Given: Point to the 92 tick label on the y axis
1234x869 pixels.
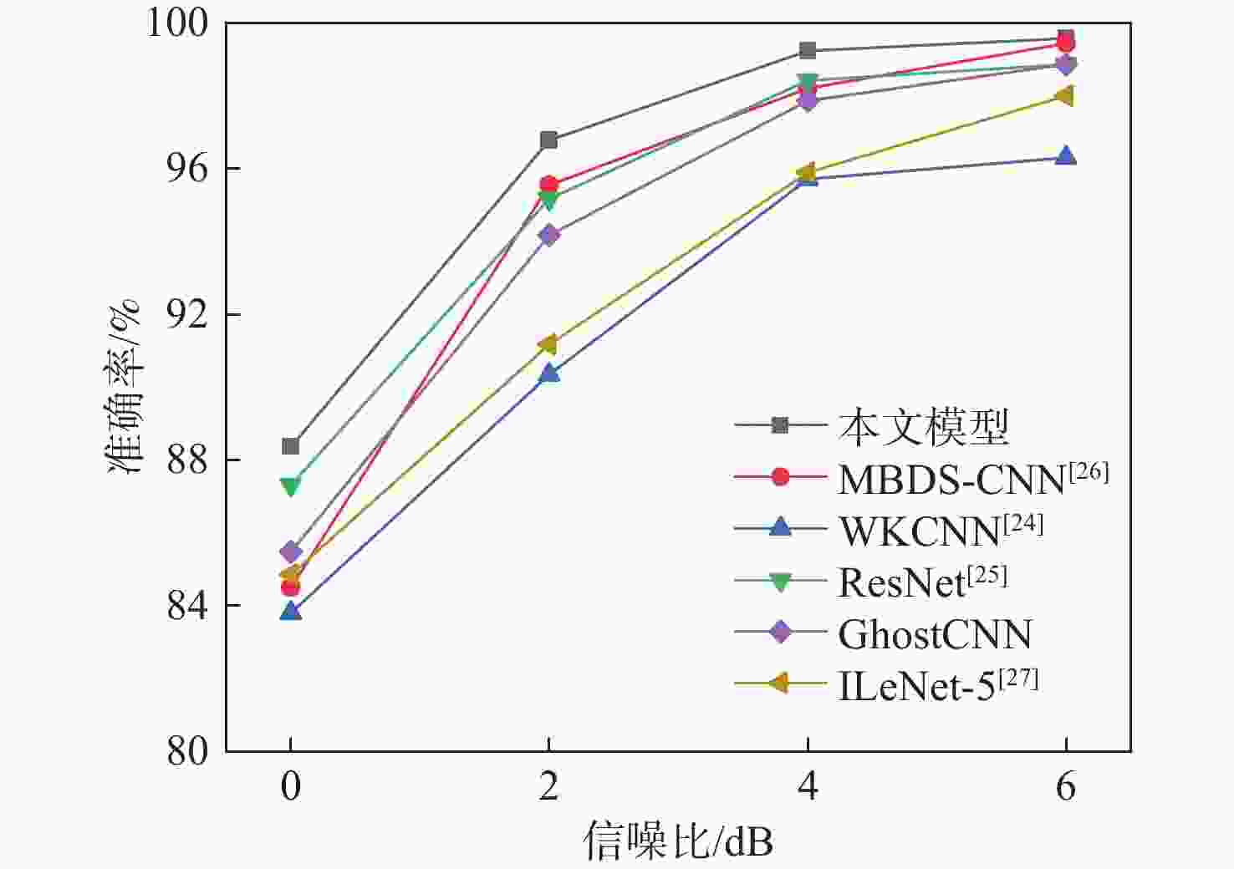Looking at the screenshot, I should point(187,314).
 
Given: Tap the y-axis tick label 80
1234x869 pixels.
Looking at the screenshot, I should point(187,750).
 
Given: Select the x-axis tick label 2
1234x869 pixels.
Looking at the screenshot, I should point(548,787).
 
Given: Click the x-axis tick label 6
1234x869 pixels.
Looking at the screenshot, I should point(1065,787).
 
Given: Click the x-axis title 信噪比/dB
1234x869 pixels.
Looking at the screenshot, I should point(678,841).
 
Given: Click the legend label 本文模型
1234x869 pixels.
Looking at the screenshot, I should point(924,426).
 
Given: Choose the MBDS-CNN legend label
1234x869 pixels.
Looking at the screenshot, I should point(951,479).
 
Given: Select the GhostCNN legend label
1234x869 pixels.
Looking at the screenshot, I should point(935,635).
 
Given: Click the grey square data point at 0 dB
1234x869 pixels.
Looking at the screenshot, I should point(290,446).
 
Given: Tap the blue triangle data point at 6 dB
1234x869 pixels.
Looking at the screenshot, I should point(1065,156).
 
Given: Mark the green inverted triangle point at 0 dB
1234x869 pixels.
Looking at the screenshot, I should point(290,486).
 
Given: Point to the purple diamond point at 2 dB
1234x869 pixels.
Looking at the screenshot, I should point(548,235).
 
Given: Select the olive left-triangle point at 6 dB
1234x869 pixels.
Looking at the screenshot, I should point(1064,95).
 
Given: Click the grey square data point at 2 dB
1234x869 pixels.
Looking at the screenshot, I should point(548,140).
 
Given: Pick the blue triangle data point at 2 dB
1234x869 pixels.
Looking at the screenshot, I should point(548,373).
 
